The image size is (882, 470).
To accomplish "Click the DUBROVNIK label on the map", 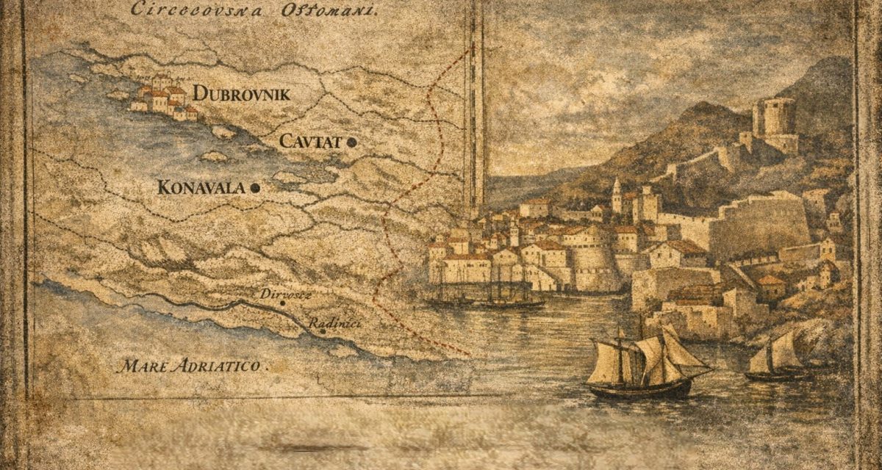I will (241, 94).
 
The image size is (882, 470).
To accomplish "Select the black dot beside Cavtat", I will (353, 142).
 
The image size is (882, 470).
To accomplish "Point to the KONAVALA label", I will (201, 188).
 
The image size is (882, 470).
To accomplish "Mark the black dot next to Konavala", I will (255, 189).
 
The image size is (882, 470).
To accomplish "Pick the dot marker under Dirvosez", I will (281, 302).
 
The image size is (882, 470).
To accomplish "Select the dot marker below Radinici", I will (322, 331).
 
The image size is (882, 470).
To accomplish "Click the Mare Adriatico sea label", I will (195, 364).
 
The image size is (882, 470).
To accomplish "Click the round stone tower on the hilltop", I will (774, 117).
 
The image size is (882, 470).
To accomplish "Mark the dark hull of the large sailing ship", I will (639, 389).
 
